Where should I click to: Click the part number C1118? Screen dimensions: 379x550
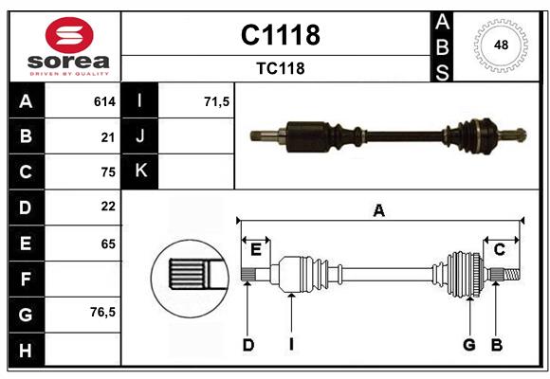pos(280,35)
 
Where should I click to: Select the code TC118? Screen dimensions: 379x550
pos(280,69)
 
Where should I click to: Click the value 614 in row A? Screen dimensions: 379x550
pos(104,101)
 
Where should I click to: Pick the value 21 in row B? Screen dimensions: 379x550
pos(107,136)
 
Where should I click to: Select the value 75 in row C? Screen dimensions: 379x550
pos(107,171)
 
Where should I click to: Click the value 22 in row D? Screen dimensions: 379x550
pos(107,206)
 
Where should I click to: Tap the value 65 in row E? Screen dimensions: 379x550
pos(107,244)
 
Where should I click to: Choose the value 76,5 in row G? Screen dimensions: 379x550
pos(102,312)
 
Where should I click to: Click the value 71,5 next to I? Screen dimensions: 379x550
pos(217,101)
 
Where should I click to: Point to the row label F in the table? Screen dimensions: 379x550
pos(25,280)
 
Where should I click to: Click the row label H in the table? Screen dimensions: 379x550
pos(25,350)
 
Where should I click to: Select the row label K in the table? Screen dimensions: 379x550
pos(140,171)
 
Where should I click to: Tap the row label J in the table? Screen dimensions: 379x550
pos(140,136)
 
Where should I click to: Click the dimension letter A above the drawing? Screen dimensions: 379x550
pos(378,210)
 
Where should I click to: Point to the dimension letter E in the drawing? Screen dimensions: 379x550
pos(256,249)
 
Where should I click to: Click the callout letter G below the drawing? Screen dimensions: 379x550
pos(468,345)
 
